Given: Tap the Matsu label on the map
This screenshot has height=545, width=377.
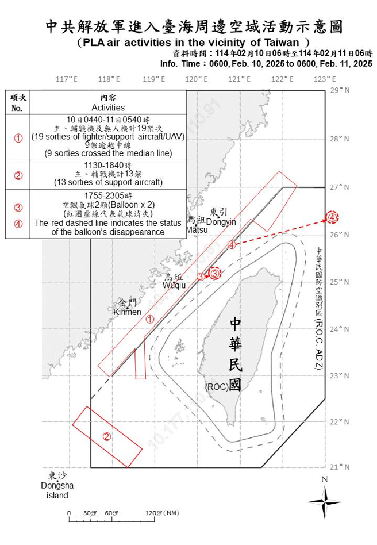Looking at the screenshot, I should coord(197,230).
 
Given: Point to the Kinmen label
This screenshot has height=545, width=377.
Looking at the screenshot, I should coord(127,312).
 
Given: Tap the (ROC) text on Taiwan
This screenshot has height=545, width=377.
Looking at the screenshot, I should coord(216,387).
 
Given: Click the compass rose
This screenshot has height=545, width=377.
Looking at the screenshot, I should coord(325,502).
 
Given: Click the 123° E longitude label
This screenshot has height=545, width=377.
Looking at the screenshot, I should coord(325,79).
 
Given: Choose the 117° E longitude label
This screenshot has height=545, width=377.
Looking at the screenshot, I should coord(67,79).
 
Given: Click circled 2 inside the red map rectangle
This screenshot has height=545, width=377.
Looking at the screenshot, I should coord(107,436).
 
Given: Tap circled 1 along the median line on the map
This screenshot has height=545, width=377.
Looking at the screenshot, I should coord(149,319).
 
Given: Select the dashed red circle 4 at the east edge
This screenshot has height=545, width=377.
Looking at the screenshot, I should coord(333,218).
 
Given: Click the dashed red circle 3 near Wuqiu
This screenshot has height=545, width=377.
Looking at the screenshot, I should coord(214,274).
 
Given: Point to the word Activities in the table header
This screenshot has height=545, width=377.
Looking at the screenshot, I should coord(108,108).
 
